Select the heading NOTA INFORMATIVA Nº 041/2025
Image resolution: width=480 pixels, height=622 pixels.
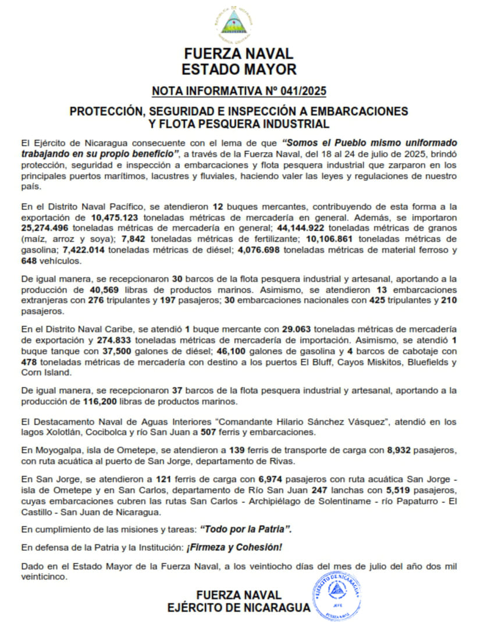(x=239, y=91)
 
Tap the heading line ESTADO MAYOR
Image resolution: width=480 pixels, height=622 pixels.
(x=239, y=69)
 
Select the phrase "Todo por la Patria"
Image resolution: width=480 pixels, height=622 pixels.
(x=245, y=529)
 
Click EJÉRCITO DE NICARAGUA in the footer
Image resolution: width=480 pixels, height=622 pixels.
(x=238, y=607)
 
